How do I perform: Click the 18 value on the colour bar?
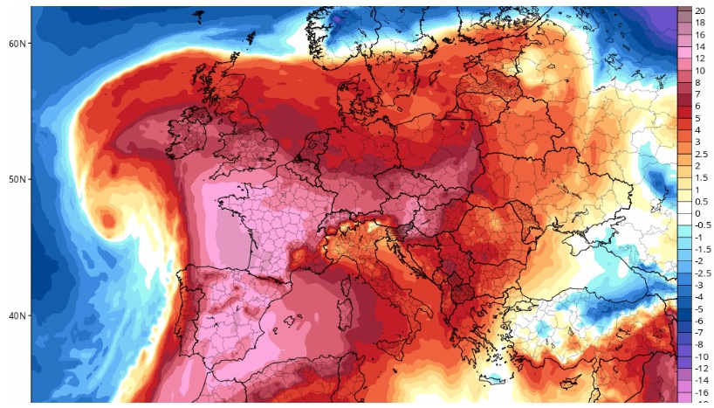[699, 25]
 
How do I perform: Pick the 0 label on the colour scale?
[697, 213]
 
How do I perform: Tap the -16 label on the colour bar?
[699, 394]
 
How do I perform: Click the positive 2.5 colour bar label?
[702, 153]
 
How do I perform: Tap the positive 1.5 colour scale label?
[702, 176]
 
